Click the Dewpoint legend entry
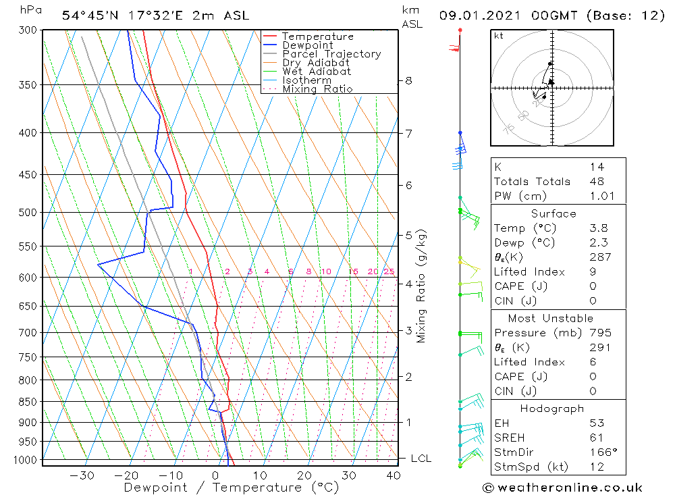click(307, 45)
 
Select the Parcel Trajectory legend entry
click(331, 54)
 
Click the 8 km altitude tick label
click(408, 80)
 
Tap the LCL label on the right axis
click(421, 459)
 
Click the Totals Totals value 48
click(597, 182)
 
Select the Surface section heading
click(553, 214)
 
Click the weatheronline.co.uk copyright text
click(562, 488)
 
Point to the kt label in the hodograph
click(499, 36)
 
